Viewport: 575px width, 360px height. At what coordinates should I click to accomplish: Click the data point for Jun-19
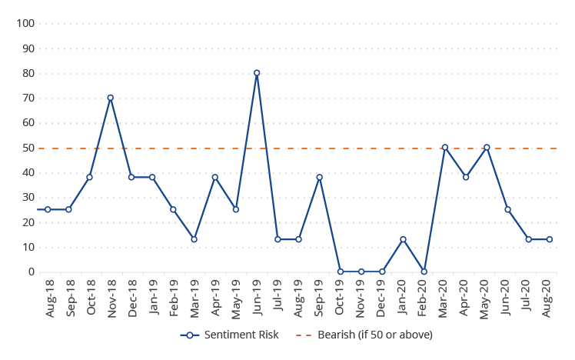coord(257,73)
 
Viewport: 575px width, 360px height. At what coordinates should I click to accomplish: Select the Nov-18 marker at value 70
coord(111,98)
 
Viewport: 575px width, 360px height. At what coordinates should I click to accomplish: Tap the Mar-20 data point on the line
coord(445,147)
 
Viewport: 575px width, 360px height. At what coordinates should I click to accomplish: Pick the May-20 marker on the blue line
coord(487,147)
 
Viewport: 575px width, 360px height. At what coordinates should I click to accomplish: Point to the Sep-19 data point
coord(320,177)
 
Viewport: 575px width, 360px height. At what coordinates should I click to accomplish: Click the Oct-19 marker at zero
coord(341,272)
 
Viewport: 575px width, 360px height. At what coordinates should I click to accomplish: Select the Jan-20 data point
coord(403,239)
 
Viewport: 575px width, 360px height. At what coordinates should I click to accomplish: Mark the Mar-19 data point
coord(194,239)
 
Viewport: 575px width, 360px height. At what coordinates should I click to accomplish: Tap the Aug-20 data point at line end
coord(550,239)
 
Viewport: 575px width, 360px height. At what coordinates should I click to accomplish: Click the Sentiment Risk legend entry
coord(230,335)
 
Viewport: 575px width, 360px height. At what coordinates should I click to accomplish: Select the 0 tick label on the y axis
coord(32,272)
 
